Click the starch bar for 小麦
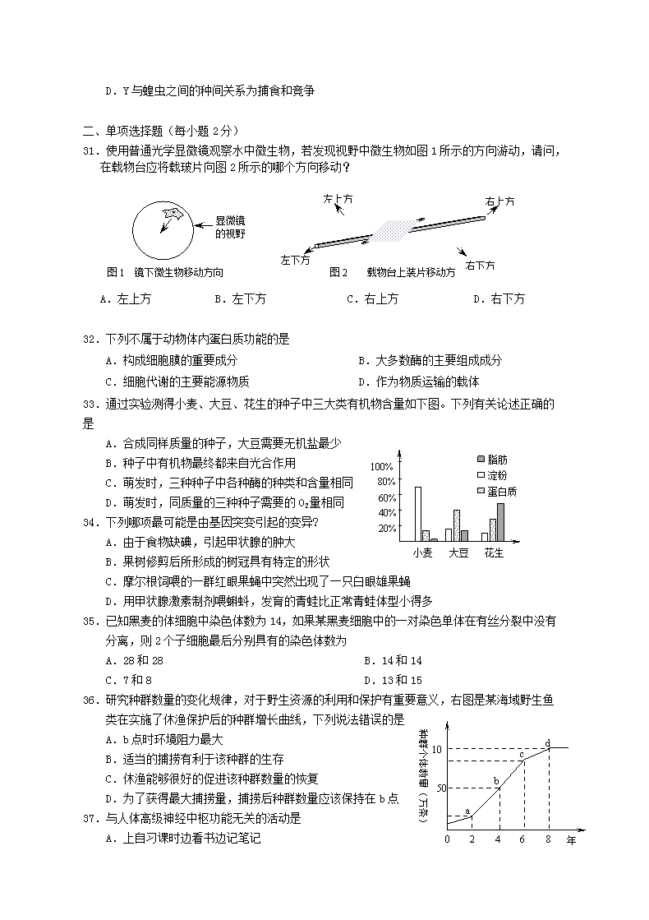[417, 513]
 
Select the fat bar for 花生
[500, 521]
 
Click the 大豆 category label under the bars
[458, 553]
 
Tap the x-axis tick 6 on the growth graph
[522, 839]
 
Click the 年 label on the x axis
[571, 839]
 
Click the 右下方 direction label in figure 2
[481, 265]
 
